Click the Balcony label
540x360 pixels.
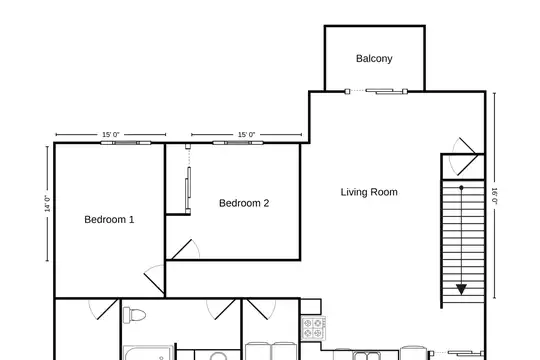[374, 59]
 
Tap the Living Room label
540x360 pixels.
[369, 192]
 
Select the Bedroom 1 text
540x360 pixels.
[109, 219]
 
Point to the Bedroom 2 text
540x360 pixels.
[244, 203]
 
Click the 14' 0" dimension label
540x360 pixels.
[48, 204]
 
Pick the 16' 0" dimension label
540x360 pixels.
[495, 196]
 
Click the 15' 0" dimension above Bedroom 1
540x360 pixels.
[111, 134]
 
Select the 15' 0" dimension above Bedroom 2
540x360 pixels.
[247, 134]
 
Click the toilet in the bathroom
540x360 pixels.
[134, 315]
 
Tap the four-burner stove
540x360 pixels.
[313, 328]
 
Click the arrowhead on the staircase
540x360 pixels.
[461, 289]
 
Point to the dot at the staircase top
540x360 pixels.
[461, 188]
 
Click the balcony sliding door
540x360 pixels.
[376, 91]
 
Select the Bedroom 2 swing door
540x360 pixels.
[185, 249]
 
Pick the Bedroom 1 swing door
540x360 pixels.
[154, 279]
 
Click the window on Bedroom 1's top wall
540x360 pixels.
[126, 143]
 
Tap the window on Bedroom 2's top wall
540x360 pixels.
[238, 143]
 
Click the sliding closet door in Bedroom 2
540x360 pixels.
[188, 179]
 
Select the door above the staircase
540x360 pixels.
[466, 157]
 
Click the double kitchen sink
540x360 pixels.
[366, 356]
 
